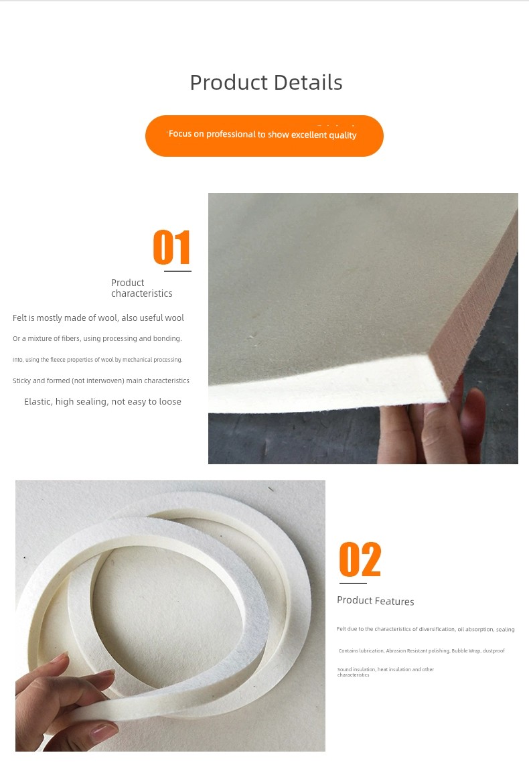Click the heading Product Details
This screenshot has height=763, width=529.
click(266, 82)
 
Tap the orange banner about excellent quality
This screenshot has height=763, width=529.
click(264, 136)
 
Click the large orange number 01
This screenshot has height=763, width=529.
click(171, 247)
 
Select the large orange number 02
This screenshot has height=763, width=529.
click(360, 559)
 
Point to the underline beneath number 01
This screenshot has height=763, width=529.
click(177, 271)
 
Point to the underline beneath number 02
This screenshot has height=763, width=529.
click(353, 583)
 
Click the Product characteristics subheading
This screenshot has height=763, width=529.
click(141, 288)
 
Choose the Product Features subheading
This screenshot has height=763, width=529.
click(376, 601)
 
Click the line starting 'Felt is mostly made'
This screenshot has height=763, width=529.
click(98, 318)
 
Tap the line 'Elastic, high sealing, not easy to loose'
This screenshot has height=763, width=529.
click(102, 401)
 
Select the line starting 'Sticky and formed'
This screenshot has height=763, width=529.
click(101, 380)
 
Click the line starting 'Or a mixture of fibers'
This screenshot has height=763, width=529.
click(97, 339)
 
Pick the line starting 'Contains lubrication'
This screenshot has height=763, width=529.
click(422, 650)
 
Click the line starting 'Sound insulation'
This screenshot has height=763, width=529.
click(386, 672)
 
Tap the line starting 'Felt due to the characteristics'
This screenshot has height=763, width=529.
click(425, 629)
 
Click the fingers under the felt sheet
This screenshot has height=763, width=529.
click(433, 427)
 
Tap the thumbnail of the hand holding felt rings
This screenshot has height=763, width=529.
click(170, 616)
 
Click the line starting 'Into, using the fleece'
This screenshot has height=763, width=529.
click(98, 360)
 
